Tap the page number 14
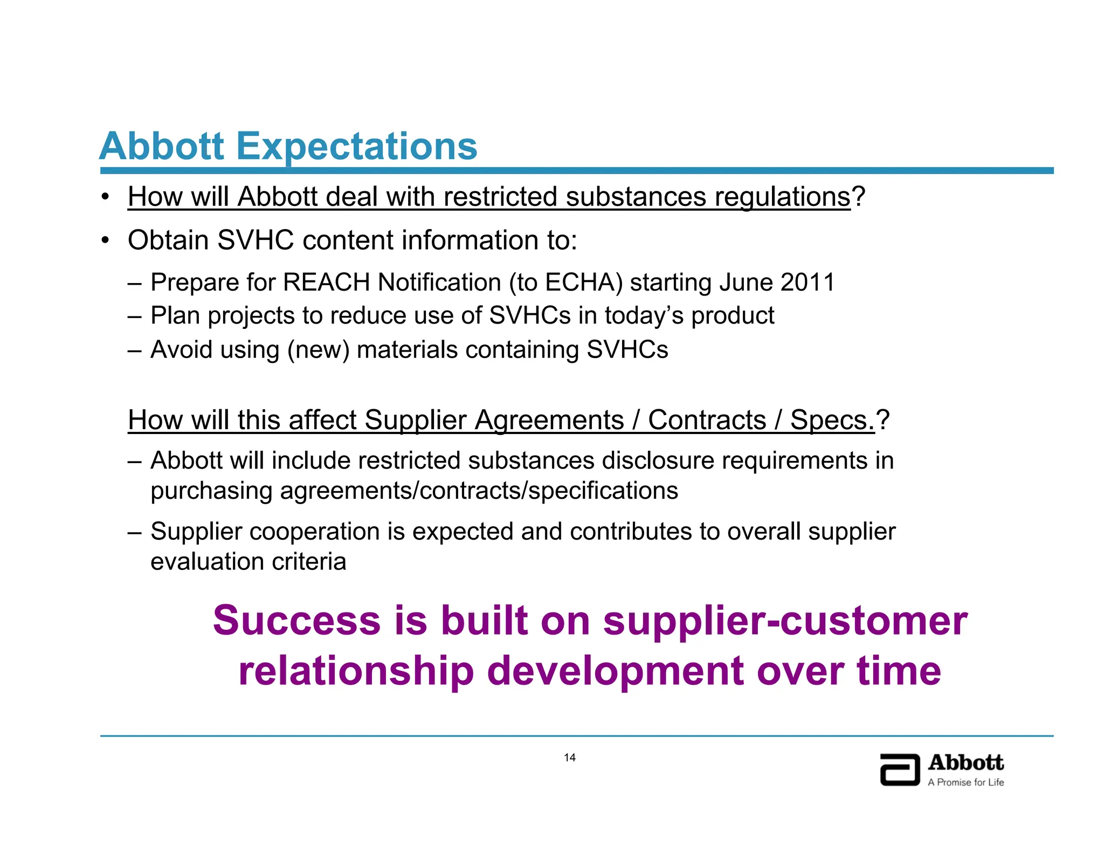point(570,758)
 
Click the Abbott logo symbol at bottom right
point(899,769)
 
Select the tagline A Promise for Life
point(965,782)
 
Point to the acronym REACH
point(326,283)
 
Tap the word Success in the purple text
point(296,621)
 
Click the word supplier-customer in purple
point(785,621)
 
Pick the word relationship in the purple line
point(356,671)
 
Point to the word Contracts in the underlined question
point(707,420)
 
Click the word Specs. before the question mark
point(832,420)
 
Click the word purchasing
point(211,491)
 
